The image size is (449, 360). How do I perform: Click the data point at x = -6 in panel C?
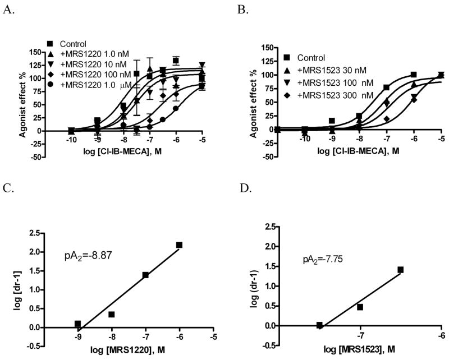179,245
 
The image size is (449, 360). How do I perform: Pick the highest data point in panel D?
400,270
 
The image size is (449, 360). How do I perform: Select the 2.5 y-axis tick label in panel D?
272,227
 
